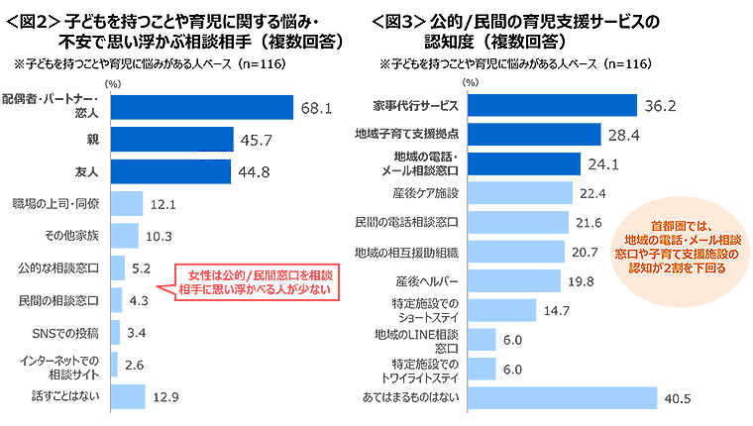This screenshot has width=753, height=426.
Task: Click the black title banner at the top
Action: click(376, 45)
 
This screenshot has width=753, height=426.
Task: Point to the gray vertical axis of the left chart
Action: click(106, 248)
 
